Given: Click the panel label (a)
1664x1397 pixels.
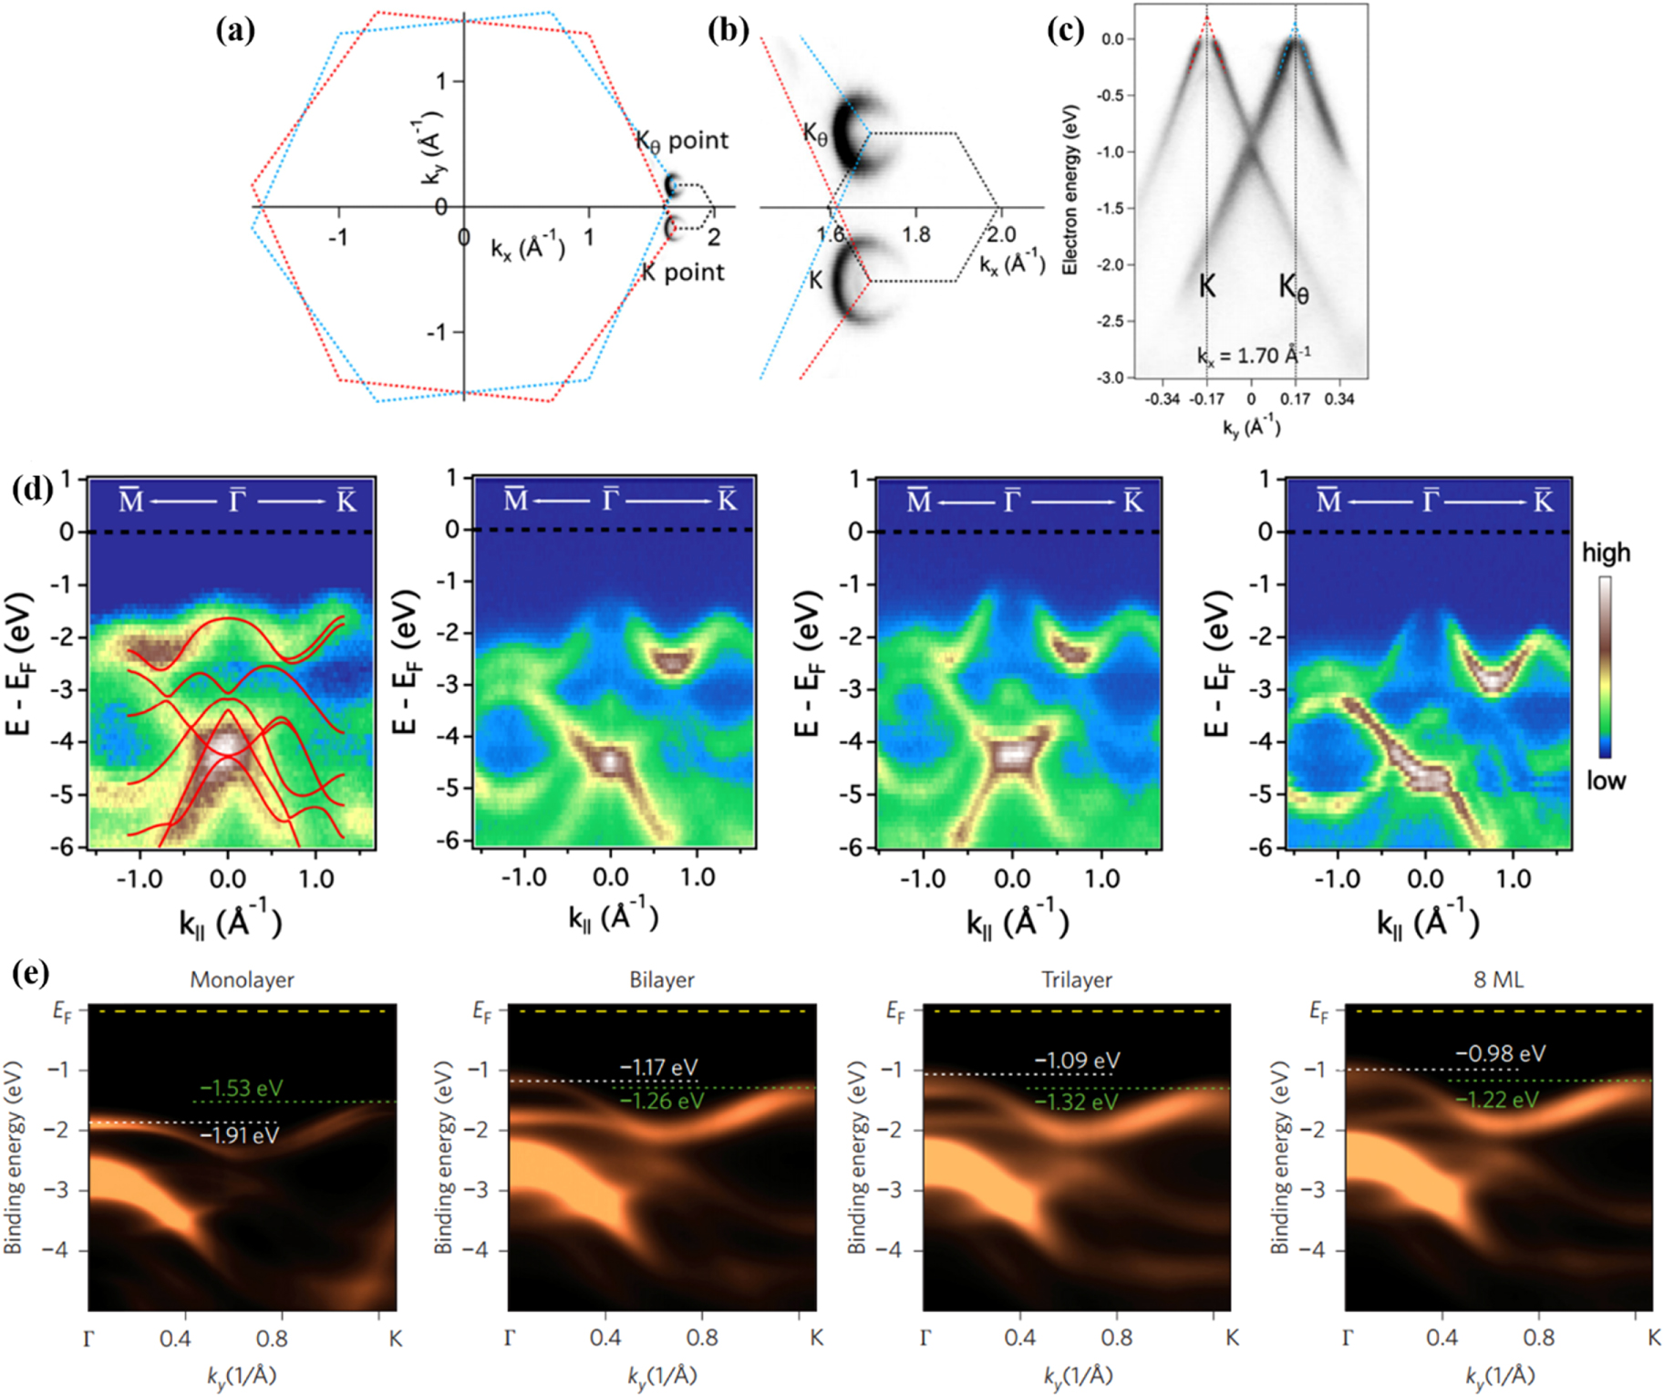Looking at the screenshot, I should tap(235, 31).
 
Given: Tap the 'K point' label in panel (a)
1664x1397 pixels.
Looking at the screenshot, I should tap(683, 272).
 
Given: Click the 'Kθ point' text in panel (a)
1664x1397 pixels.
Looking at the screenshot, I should tap(682, 140).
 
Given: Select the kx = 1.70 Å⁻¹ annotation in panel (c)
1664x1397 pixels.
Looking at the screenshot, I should tap(1253, 355).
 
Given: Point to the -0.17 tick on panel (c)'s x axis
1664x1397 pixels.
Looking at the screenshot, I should tap(1207, 398).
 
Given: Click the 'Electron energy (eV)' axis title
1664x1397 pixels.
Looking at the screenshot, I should tap(1070, 190).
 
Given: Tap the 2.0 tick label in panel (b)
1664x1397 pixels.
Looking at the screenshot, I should tap(1000, 234).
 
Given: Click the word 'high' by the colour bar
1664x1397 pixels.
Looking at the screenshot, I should tap(1606, 553).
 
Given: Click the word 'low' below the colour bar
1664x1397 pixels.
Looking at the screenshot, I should tap(1605, 781).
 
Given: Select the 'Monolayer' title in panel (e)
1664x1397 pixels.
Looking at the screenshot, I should tap(242, 979).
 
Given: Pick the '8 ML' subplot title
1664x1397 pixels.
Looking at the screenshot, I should tap(1498, 979).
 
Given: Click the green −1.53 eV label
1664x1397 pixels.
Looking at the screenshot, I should tap(241, 1088).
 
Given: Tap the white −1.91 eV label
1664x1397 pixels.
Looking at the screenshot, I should tap(239, 1135).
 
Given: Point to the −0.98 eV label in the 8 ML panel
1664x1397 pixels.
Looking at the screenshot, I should tap(1500, 1053).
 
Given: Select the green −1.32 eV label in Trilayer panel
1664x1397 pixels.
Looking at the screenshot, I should tap(1076, 1102).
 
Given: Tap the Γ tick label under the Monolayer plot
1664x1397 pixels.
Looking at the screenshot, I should tap(88, 1339).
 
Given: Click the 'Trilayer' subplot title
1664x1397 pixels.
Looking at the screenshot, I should tap(1076, 979).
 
